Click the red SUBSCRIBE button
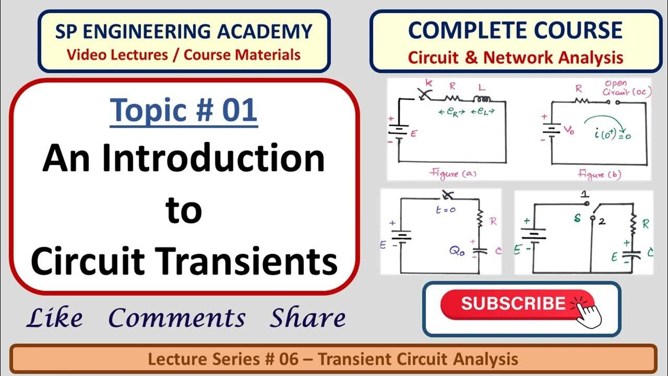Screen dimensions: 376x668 point(514,304)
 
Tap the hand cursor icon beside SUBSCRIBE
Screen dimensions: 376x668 point(587,313)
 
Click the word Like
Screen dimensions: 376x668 point(54,318)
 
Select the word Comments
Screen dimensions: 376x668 point(176,318)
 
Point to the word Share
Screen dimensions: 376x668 point(307,318)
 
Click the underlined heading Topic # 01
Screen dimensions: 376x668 point(184,110)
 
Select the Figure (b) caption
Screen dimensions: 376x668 point(599,174)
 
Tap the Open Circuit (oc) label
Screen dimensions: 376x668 point(619,88)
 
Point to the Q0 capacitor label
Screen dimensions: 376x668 point(458,250)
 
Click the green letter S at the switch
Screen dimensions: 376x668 point(578,218)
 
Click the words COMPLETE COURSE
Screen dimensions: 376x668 point(515,30)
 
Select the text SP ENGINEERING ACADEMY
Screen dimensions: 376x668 point(184,31)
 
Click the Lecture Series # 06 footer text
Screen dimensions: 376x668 point(333,359)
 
